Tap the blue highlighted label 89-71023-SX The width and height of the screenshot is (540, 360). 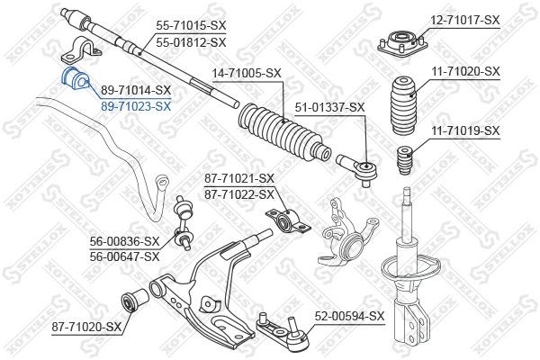pos(136,105)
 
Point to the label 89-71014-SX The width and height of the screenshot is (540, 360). pos(136,90)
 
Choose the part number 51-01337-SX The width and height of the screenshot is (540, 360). pos(330,107)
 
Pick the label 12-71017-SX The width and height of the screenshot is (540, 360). pos(463,19)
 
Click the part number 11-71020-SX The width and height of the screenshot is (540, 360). pos(463,70)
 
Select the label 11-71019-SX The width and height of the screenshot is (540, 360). pos(463,130)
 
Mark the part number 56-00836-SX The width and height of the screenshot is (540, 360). pos(124,241)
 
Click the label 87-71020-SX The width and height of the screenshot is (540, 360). pos(85,326)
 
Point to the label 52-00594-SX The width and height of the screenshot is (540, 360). pos(349,316)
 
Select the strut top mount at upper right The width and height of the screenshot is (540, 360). pos(400,44)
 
